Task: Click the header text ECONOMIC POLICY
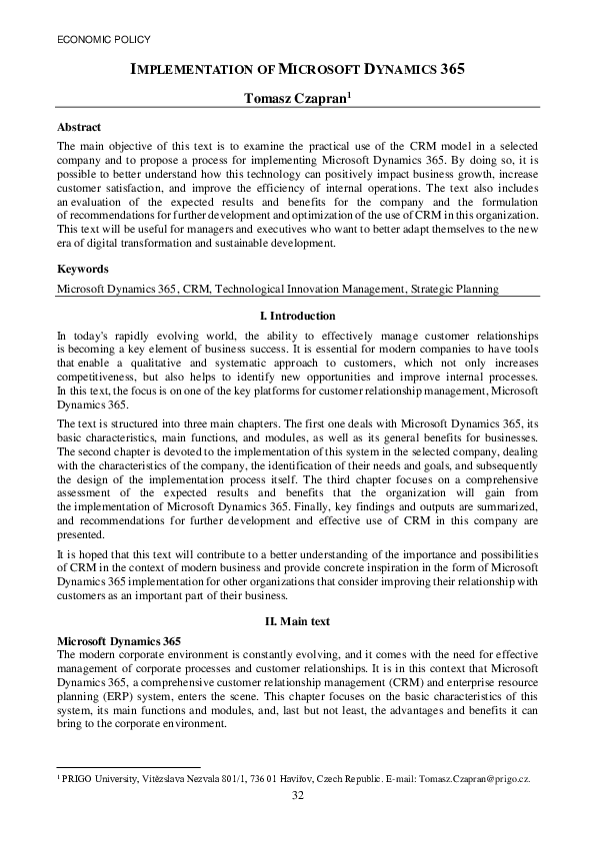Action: point(98,40)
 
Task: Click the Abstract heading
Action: point(80,128)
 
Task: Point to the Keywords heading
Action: point(82,269)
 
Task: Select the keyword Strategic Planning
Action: point(455,289)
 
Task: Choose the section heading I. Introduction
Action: point(297,316)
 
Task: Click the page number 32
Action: point(297,795)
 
